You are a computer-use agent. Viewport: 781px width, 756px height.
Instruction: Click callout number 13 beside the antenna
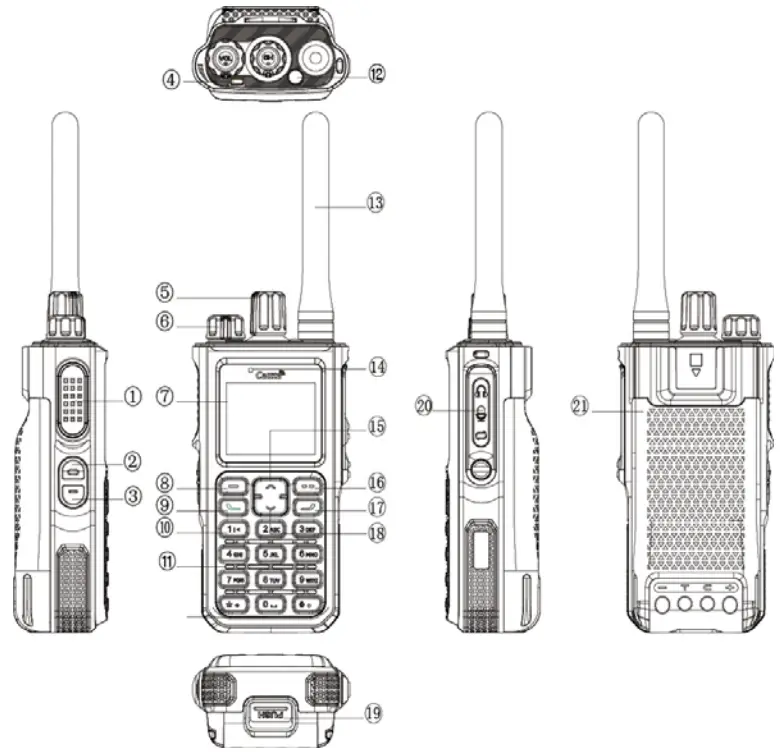[x=375, y=202]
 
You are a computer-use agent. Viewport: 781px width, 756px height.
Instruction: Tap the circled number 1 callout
[x=133, y=396]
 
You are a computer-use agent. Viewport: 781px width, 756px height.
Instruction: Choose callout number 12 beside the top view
[x=375, y=73]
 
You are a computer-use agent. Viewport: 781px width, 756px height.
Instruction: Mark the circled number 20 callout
[x=426, y=406]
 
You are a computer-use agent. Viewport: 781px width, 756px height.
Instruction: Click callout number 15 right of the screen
[x=375, y=425]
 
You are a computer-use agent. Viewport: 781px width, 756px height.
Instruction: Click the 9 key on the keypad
[x=305, y=579]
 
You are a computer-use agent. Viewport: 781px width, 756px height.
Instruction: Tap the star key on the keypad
[x=234, y=603]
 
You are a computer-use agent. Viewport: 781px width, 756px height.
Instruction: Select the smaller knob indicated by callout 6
[x=226, y=327]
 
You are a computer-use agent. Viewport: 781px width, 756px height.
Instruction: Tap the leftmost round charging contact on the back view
[x=661, y=604]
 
